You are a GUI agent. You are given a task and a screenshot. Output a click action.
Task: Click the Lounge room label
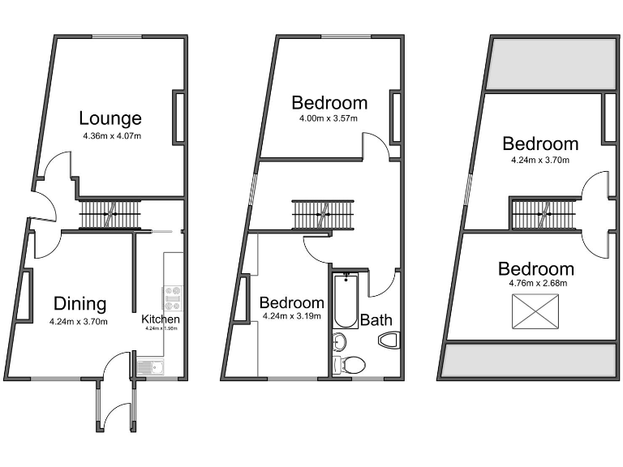[110, 119]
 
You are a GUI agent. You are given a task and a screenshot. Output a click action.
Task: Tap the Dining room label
[80, 304]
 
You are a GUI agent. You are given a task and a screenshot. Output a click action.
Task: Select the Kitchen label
[160, 319]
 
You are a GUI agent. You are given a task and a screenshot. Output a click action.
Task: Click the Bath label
[376, 319]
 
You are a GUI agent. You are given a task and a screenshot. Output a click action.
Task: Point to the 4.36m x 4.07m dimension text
[111, 135]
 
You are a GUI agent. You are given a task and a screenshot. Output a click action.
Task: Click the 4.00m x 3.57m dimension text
[329, 118]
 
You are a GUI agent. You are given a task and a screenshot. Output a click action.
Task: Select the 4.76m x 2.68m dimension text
[535, 284]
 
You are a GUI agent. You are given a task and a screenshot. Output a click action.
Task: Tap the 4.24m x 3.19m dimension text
[290, 316]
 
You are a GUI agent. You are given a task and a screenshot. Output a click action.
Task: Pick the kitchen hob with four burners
[173, 298]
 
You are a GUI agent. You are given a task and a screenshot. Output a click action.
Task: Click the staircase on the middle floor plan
[323, 216]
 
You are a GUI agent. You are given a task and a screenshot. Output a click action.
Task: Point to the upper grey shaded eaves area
[549, 63]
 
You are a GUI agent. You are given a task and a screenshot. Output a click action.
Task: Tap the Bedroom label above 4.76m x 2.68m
[535, 268]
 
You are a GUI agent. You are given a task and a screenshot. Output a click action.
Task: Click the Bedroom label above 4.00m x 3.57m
[329, 103]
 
